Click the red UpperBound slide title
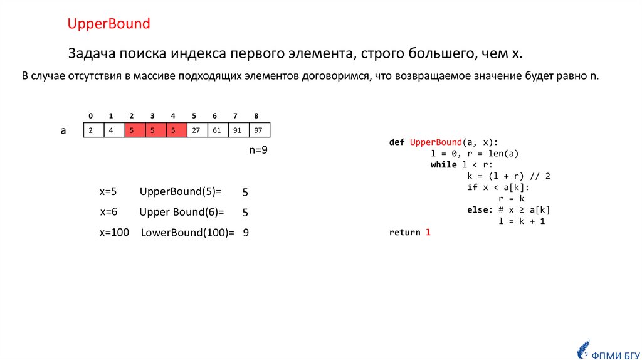pos(109,24)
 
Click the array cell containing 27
pos(196,130)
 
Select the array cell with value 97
pos(258,130)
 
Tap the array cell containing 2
pos(92,130)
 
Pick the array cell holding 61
pos(216,130)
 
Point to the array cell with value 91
pos(237,130)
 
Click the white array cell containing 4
pos(112,130)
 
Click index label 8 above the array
pos(256,116)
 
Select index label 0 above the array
pos(91,116)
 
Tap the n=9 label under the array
pos(258,151)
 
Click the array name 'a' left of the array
pos(63,130)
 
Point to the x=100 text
pos(113,233)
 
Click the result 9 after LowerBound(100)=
pos(246,233)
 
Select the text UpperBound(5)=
pos(181,192)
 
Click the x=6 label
pos(108,212)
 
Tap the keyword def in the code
pos(397,142)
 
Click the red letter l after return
pos(428,233)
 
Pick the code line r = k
pos(511,199)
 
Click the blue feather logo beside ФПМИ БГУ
pos(582,349)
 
